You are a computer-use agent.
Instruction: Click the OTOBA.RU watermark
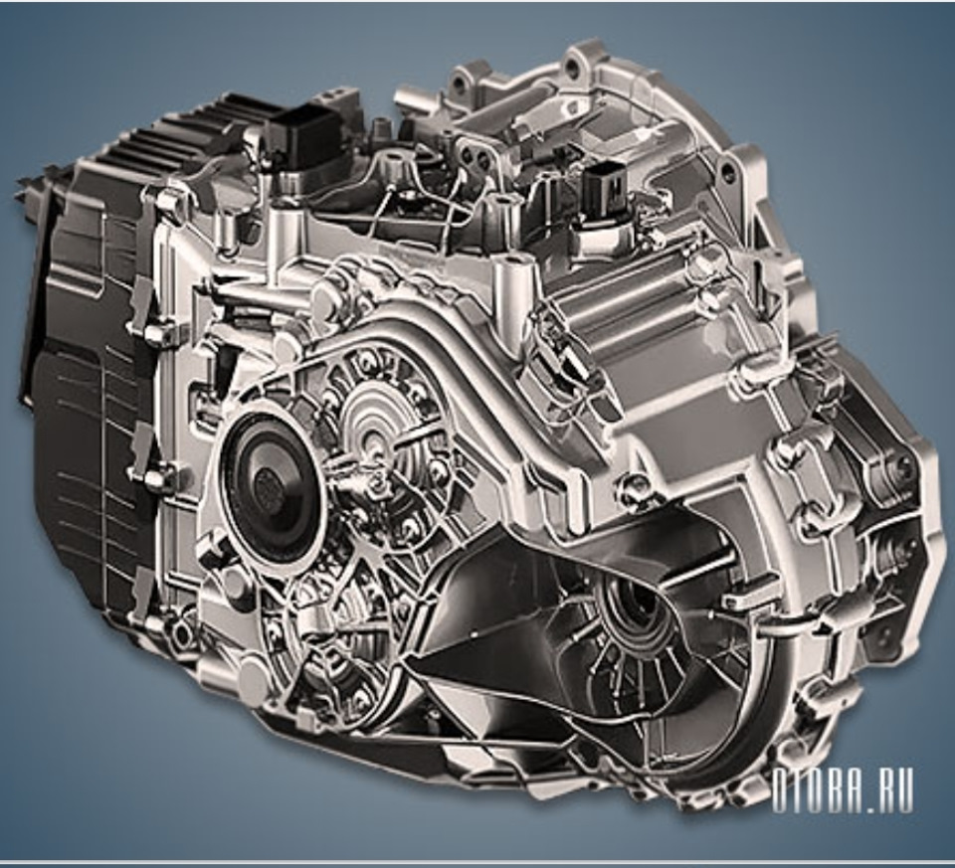tap(843, 790)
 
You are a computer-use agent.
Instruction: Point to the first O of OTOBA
tap(780, 790)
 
